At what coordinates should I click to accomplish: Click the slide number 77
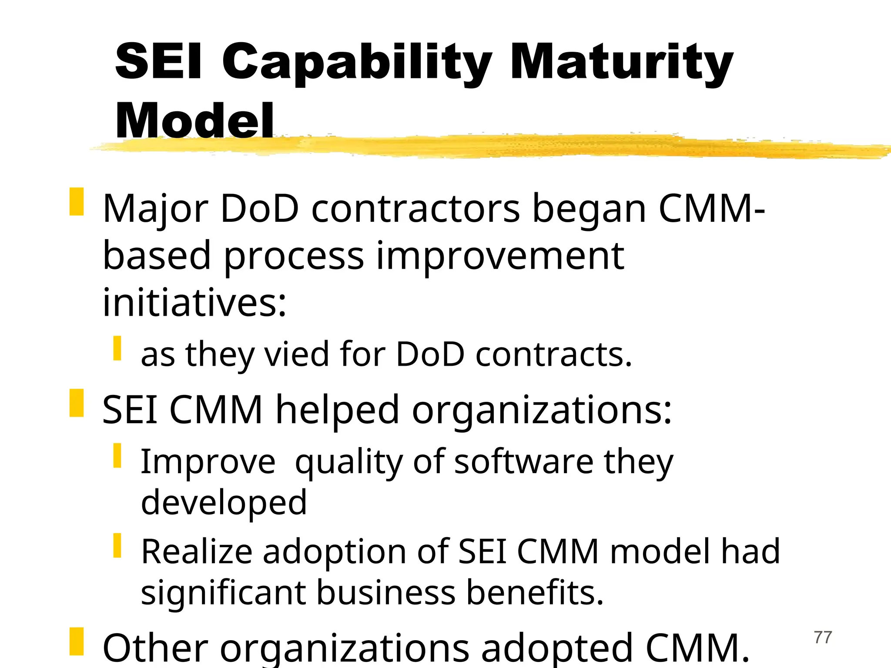click(823, 638)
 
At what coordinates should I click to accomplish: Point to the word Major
click(155, 210)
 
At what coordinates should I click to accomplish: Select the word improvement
click(500, 257)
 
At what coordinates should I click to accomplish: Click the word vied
click(297, 354)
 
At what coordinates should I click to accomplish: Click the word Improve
click(208, 462)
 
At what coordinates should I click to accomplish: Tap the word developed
click(224, 503)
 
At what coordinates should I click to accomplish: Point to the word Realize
click(197, 551)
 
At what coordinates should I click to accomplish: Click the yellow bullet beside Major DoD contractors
click(76, 202)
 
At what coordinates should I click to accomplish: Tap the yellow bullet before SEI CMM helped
click(76, 403)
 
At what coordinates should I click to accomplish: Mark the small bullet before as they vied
click(117, 348)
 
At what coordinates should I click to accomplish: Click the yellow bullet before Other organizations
click(76, 641)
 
